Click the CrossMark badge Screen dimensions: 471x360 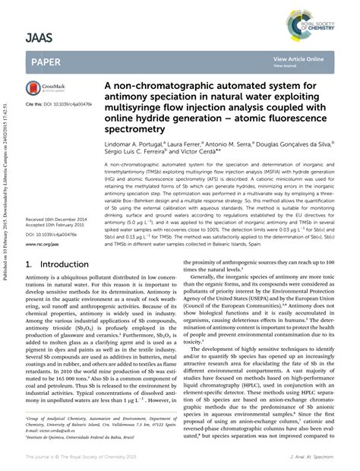click(45, 90)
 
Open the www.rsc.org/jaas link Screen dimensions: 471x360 click(45, 245)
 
